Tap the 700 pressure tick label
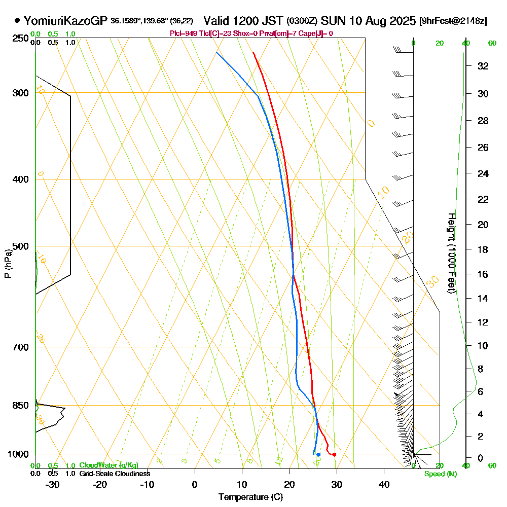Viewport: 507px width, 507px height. click(20, 347)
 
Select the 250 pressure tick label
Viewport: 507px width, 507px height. click(20, 39)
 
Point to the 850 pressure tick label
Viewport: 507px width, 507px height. click(20, 406)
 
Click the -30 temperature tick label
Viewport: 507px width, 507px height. click(53, 484)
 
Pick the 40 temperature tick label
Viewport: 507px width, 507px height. click(384, 484)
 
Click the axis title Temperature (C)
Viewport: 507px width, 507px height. click(250, 497)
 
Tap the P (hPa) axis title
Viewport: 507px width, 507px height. click(8, 263)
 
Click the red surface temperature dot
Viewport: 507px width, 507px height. click(334, 454)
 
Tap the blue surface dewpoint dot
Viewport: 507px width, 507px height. click(318, 454)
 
